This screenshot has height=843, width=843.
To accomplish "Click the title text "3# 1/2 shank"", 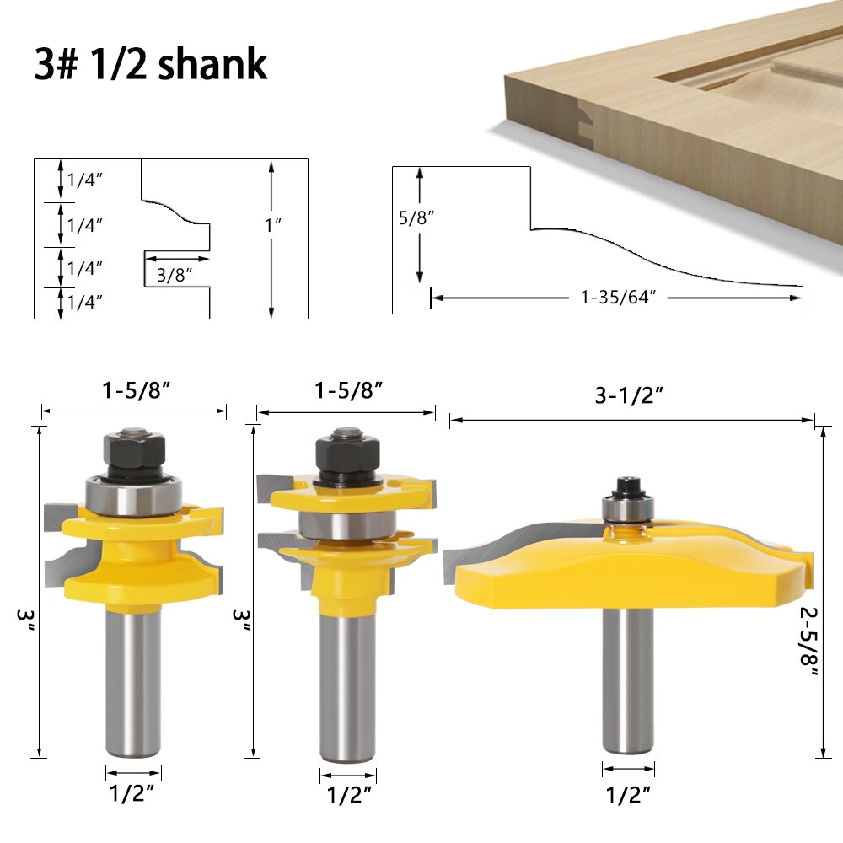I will pyautogui.click(x=152, y=65).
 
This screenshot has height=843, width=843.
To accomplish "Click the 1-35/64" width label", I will pyautogui.click(x=618, y=298).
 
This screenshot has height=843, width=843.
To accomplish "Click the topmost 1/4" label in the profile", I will pyautogui.click(x=84, y=180).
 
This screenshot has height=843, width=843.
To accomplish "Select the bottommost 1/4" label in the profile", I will pyautogui.click(x=84, y=302).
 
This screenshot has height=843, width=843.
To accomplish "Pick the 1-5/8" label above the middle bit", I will pyautogui.click(x=349, y=390).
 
